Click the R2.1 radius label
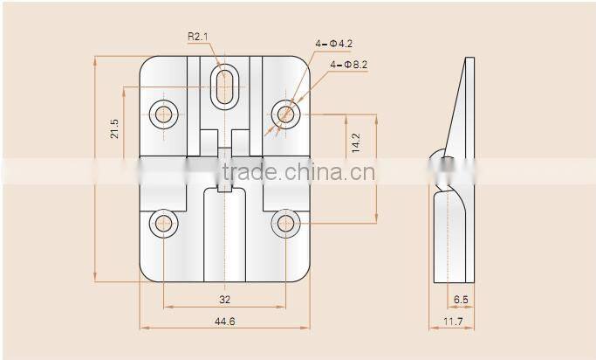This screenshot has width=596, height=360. click(x=199, y=37)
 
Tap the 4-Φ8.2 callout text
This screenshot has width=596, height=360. click(x=349, y=65)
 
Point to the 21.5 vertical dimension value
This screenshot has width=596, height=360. click(x=114, y=129)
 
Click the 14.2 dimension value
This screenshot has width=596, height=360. click(x=355, y=143)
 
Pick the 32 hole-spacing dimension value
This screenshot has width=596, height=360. click(x=224, y=299)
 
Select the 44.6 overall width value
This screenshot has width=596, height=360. click(x=224, y=322)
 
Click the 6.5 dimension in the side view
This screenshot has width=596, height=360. click(x=461, y=299)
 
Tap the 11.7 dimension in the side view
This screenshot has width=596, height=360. click(x=452, y=322)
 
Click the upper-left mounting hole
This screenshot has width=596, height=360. click(x=163, y=113)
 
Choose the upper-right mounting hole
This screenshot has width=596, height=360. click(x=284, y=113)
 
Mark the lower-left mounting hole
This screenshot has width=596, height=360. click(x=163, y=223)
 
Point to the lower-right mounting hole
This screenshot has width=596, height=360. click(x=284, y=223)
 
